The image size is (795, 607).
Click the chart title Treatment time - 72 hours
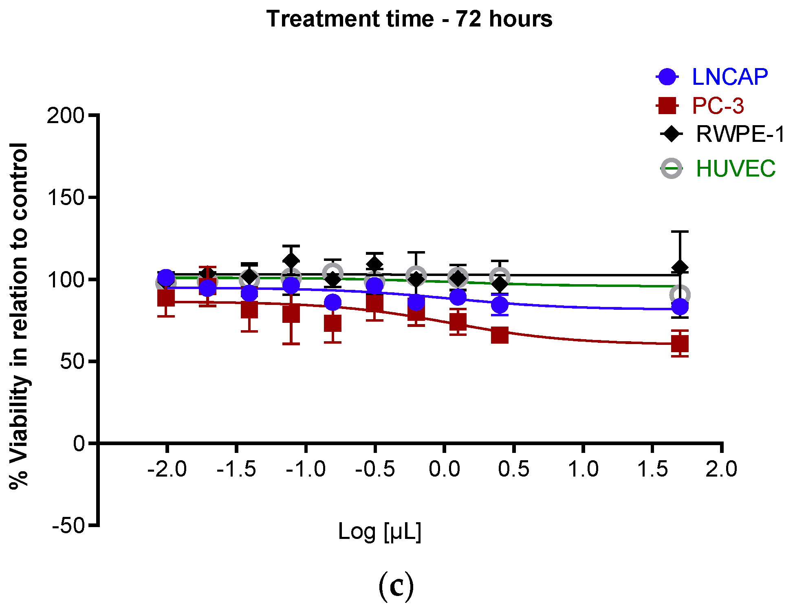coord(409,19)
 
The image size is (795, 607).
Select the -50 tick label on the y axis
coord(68,525)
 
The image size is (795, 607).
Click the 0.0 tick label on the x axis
coord(444,469)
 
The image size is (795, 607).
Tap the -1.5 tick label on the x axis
coord(236,469)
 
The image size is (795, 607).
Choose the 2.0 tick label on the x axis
coord(721,469)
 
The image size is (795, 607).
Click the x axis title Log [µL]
coord(379,532)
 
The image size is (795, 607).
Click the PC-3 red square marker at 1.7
coord(680,344)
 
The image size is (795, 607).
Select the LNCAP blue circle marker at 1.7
coord(680,307)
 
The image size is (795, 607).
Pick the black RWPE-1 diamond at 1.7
coord(680,268)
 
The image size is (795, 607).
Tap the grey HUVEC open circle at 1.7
coord(680,294)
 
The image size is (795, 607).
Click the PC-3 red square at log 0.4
coord(500,335)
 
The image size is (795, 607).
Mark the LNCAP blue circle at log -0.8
coord(333,302)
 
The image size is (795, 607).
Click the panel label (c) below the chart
coord(396,586)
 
